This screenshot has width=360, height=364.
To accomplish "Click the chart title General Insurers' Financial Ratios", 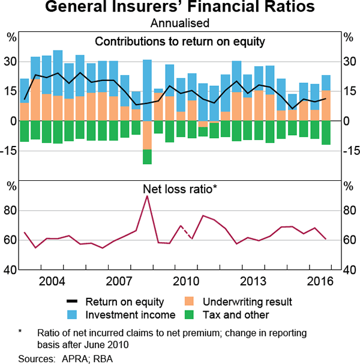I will [180, 8].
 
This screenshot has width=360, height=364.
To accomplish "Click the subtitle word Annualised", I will [180, 23].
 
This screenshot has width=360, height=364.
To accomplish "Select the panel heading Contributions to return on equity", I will [180, 42].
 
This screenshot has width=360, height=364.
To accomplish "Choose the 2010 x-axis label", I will [186, 281].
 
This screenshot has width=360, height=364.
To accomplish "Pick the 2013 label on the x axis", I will [253, 281].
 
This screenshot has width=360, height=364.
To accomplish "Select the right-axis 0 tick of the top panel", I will [347, 121].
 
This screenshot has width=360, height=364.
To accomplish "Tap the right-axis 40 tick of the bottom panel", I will [349, 270].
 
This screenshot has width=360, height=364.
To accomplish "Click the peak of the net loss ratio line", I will [148, 196].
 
